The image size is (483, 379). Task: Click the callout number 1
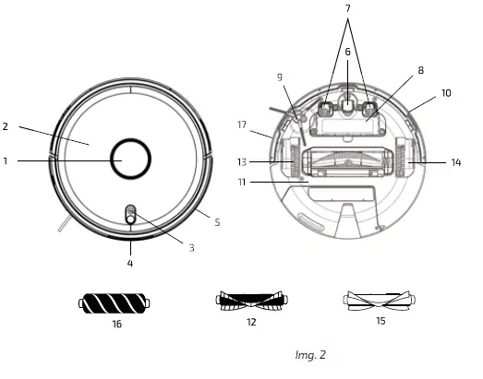coord(6,160)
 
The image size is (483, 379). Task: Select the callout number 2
coord(6,126)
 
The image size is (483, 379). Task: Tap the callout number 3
coord(191,248)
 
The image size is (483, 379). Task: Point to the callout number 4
coord(129,263)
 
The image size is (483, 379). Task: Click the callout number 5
coord(217,222)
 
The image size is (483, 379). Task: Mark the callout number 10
coord(446,93)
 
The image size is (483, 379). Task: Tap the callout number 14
coord(454,162)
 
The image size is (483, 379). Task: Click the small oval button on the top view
coord(130,215)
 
